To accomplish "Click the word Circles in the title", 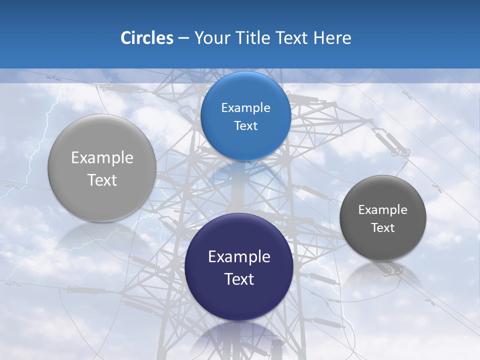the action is [147, 38].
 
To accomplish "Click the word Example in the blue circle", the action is [245, 107].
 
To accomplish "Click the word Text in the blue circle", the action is [245, 125].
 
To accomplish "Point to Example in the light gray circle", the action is [102, 157].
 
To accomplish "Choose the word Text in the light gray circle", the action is [102, 180].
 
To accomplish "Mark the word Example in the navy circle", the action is [239, 256].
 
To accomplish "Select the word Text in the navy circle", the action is [239, 278].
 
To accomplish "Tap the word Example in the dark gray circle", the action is [383, 209].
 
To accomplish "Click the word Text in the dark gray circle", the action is [383, 227].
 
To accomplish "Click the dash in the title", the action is [183, 38].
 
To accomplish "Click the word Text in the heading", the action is [292, 38].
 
